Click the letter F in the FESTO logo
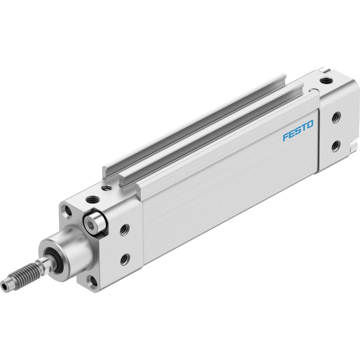pos(286,137)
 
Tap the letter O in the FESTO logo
pos(309,125)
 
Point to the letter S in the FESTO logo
pos(297,130)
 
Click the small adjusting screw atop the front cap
pos(106,188)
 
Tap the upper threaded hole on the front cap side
pos(125,229)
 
